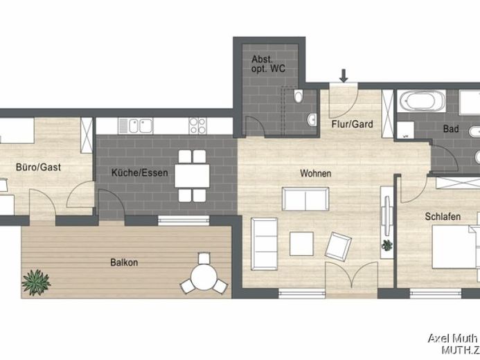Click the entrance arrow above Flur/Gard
(344, 75)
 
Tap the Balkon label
(124, 262)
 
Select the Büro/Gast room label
(38, 167)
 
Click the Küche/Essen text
(140, 172)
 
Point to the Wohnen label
(316, 173)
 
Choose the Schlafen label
(443, 217)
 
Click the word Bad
(451, 129)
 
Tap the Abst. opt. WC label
(268, 64)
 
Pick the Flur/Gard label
(353, 124)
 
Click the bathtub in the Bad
(423, 101)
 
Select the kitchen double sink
(141, 126)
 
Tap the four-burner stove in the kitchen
(197, 126)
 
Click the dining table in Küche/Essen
(193, 176)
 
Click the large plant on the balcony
(36, 282)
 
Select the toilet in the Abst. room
(299, 96)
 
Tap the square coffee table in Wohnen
(301, 244)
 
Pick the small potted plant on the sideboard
(387, 245)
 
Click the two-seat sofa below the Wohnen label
(305, 199)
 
